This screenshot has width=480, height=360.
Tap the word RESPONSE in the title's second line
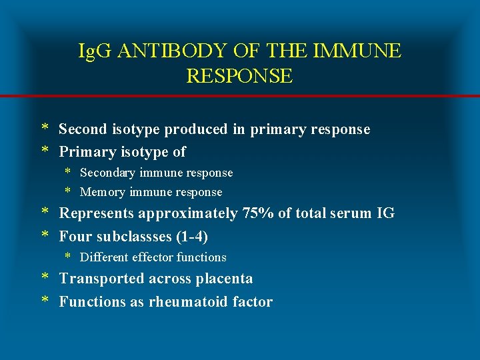[x=239, y=76]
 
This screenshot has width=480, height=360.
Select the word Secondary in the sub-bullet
[x=109, y=173]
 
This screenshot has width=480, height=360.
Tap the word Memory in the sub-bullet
[x=103, y=192]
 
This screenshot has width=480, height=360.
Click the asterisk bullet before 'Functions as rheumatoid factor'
[x=45, y=301]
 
